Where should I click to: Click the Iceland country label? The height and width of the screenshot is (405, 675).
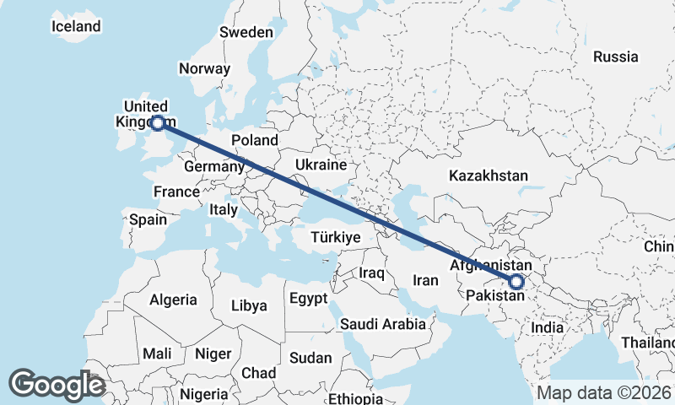click(x=76, y=26)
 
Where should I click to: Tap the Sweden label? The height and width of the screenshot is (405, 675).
click(x=246, y=32)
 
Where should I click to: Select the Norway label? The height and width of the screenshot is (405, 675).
click(x=205, y=69)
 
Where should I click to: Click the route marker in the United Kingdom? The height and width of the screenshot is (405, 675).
click(x=157, y=123)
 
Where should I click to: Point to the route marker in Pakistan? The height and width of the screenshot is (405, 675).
click(x=516, y=283)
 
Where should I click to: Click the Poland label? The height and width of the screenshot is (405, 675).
click(x=255, y=140)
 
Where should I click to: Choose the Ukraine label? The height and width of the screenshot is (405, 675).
click(x=321, y=164)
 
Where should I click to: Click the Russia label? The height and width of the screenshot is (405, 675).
click(x=615, y=57)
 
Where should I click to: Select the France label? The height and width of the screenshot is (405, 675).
click(x=176, y=192)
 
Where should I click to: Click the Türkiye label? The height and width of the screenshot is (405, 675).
click(x=336, y=237)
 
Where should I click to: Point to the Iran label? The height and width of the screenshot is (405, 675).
click(x=425, y=279)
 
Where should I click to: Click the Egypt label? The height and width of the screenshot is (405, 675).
click(x=307, y=299)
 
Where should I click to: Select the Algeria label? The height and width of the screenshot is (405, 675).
click(x=174, y=300)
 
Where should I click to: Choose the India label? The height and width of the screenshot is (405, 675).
click(x=548, y=327)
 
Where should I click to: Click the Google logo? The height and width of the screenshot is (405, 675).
click(x=57, y=385)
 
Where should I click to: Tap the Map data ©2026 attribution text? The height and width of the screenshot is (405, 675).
click(x=603, y=392)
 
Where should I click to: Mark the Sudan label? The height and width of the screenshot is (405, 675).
click(x=310, y=358)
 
